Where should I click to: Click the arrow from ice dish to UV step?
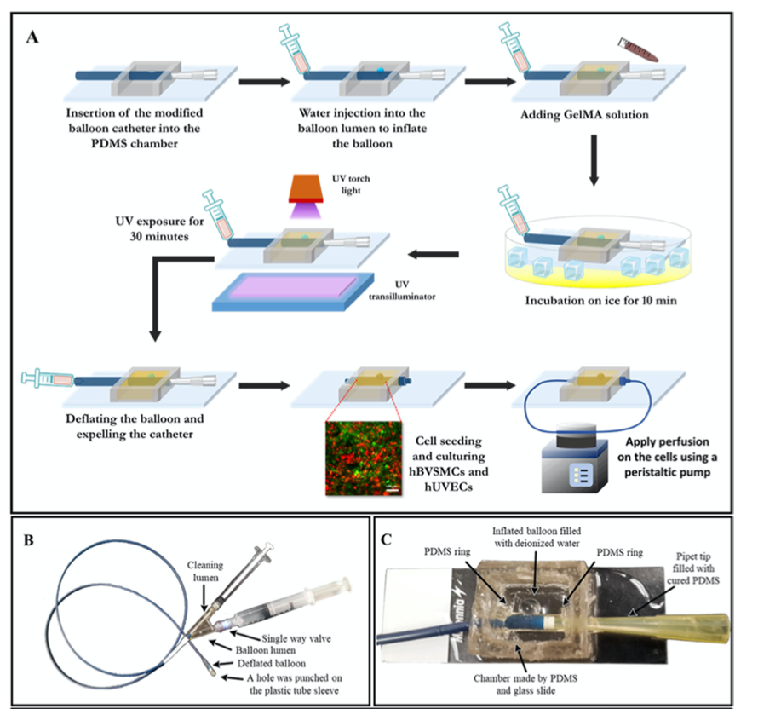click(x=434, y=253)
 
